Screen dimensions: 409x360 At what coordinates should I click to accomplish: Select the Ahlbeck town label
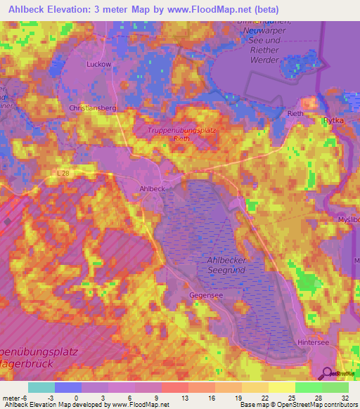[153, 188]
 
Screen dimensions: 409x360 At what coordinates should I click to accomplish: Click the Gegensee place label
[206, 296]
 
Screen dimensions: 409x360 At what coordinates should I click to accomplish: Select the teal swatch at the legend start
[41, 387]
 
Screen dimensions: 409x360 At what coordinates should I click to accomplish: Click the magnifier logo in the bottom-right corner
[326, 373]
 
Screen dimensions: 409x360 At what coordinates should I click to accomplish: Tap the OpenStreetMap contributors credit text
[321, 405]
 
